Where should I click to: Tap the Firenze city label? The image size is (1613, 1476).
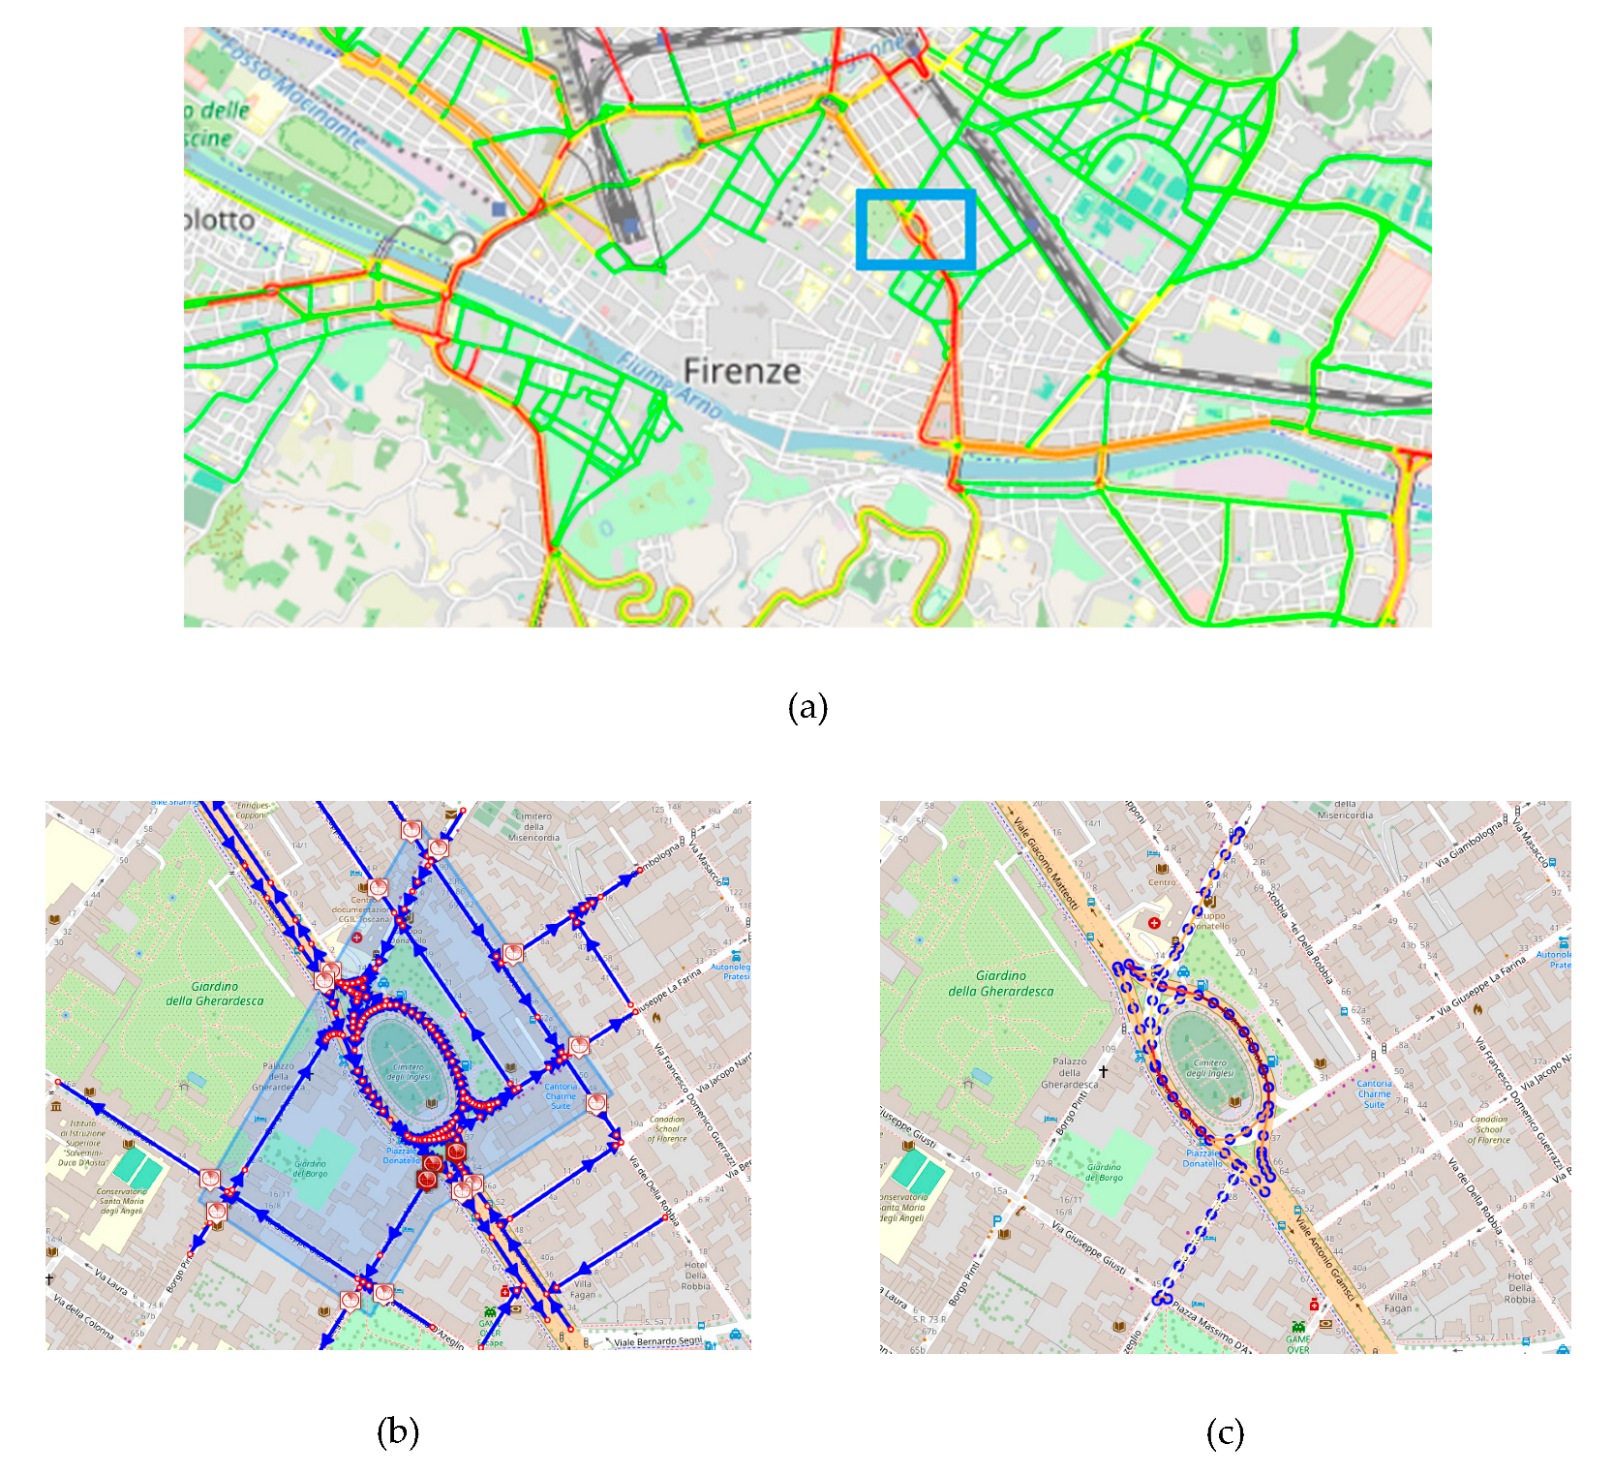[x=742, y=371]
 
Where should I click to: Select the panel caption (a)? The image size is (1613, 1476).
[x=807, y=707]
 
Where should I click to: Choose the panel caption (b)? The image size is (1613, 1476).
[x=397, y=1431]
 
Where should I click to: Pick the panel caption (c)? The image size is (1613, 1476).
[x=1225, y=1432]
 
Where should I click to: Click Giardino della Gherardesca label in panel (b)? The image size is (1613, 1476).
[x=214, y=994]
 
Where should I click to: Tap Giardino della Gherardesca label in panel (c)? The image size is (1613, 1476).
[x=1000, y=983]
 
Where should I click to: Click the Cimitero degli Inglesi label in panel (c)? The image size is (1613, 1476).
[x=1210, y=1069]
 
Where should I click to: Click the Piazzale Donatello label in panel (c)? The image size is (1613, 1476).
[x=1202, y=1158]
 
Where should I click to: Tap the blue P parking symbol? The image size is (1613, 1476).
[x=996, y=1222]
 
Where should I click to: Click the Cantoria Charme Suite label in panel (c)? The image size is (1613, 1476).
[x=1374, y=1093]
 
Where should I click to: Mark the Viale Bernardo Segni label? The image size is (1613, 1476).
[x=657, y=1342]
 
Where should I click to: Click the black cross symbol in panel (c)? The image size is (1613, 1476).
[x=1103, y=1071]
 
